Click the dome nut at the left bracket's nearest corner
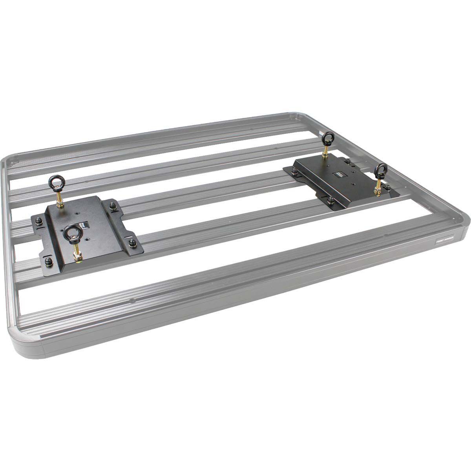coord(49,261)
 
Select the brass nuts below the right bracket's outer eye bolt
coord(377,191)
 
